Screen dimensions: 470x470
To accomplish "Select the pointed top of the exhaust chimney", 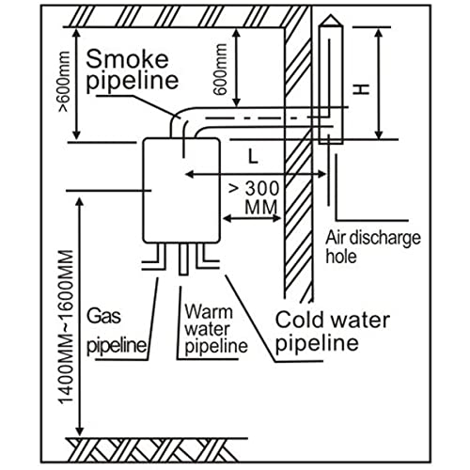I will tap(329, 23).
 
